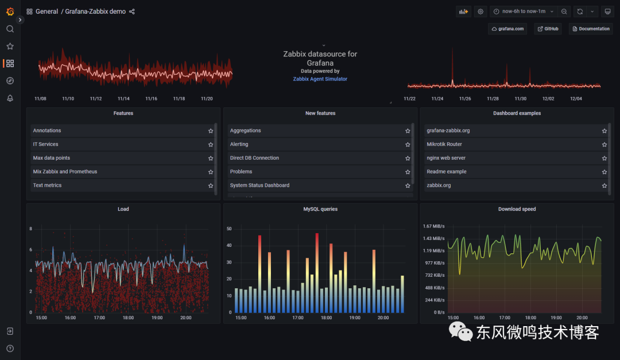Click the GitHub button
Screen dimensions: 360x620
(548, 29)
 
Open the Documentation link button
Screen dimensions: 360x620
(591, 29)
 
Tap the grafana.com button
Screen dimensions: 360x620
(507, 29)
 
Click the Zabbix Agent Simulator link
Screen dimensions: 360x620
(320, 79)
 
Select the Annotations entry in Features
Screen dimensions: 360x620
(47, 131)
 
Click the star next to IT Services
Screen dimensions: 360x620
(211, 145)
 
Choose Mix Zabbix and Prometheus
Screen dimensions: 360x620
(65, 172)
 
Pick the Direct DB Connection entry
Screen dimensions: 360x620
(254, 158)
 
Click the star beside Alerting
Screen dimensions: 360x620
(408, 145)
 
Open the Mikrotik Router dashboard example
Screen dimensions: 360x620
(444, 145)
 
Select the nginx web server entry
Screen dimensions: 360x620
(446, 158)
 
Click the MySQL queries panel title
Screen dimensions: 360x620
(320, 210)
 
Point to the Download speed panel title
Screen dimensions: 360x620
(517, 210)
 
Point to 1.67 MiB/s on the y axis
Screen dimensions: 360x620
(433, 226)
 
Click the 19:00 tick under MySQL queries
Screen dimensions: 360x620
(355, 318)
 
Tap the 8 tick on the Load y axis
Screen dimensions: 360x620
(31, 229)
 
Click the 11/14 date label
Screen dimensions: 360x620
(123, 99)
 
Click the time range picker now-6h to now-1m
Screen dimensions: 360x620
(524, 11)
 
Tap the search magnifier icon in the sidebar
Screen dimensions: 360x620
(10, 29)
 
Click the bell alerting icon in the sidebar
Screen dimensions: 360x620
(10, 98)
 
